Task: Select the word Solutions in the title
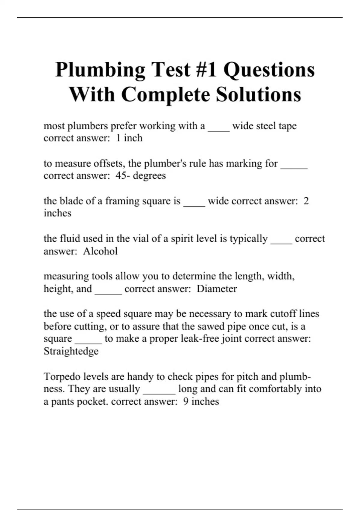pos(258,94)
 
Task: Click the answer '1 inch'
pos(129,138)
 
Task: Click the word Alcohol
pos(100,251)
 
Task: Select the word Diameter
pos(217,289)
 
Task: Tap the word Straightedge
pos(71,351)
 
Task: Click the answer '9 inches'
pos(201,401)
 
